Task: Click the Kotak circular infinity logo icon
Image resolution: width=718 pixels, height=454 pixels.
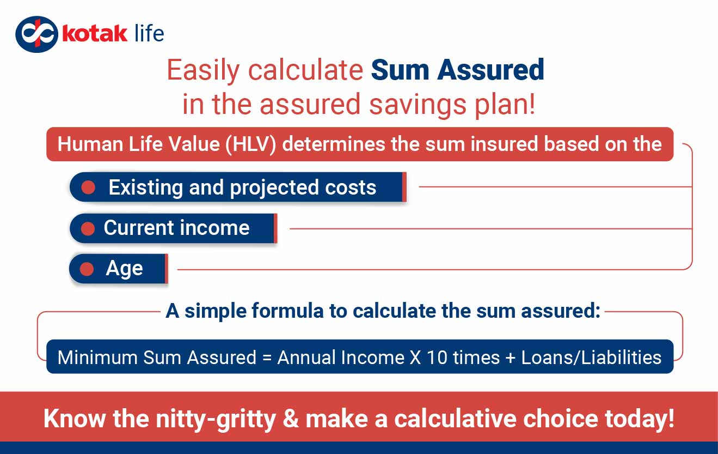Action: [36, 34]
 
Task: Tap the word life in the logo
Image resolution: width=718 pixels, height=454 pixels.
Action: [148, 33]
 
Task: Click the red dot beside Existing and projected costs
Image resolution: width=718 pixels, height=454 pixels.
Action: [88, 187]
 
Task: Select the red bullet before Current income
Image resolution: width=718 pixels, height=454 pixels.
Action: [88, 228]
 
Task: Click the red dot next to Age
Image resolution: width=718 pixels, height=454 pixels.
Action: [87, 269]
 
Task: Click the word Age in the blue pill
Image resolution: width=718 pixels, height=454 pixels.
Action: [124, 269]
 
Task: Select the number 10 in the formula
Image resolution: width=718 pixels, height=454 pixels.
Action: [437, 358]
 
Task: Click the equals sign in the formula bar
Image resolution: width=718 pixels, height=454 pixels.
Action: [266, 358]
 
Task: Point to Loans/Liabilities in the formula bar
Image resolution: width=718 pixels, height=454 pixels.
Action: [591, 358]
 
